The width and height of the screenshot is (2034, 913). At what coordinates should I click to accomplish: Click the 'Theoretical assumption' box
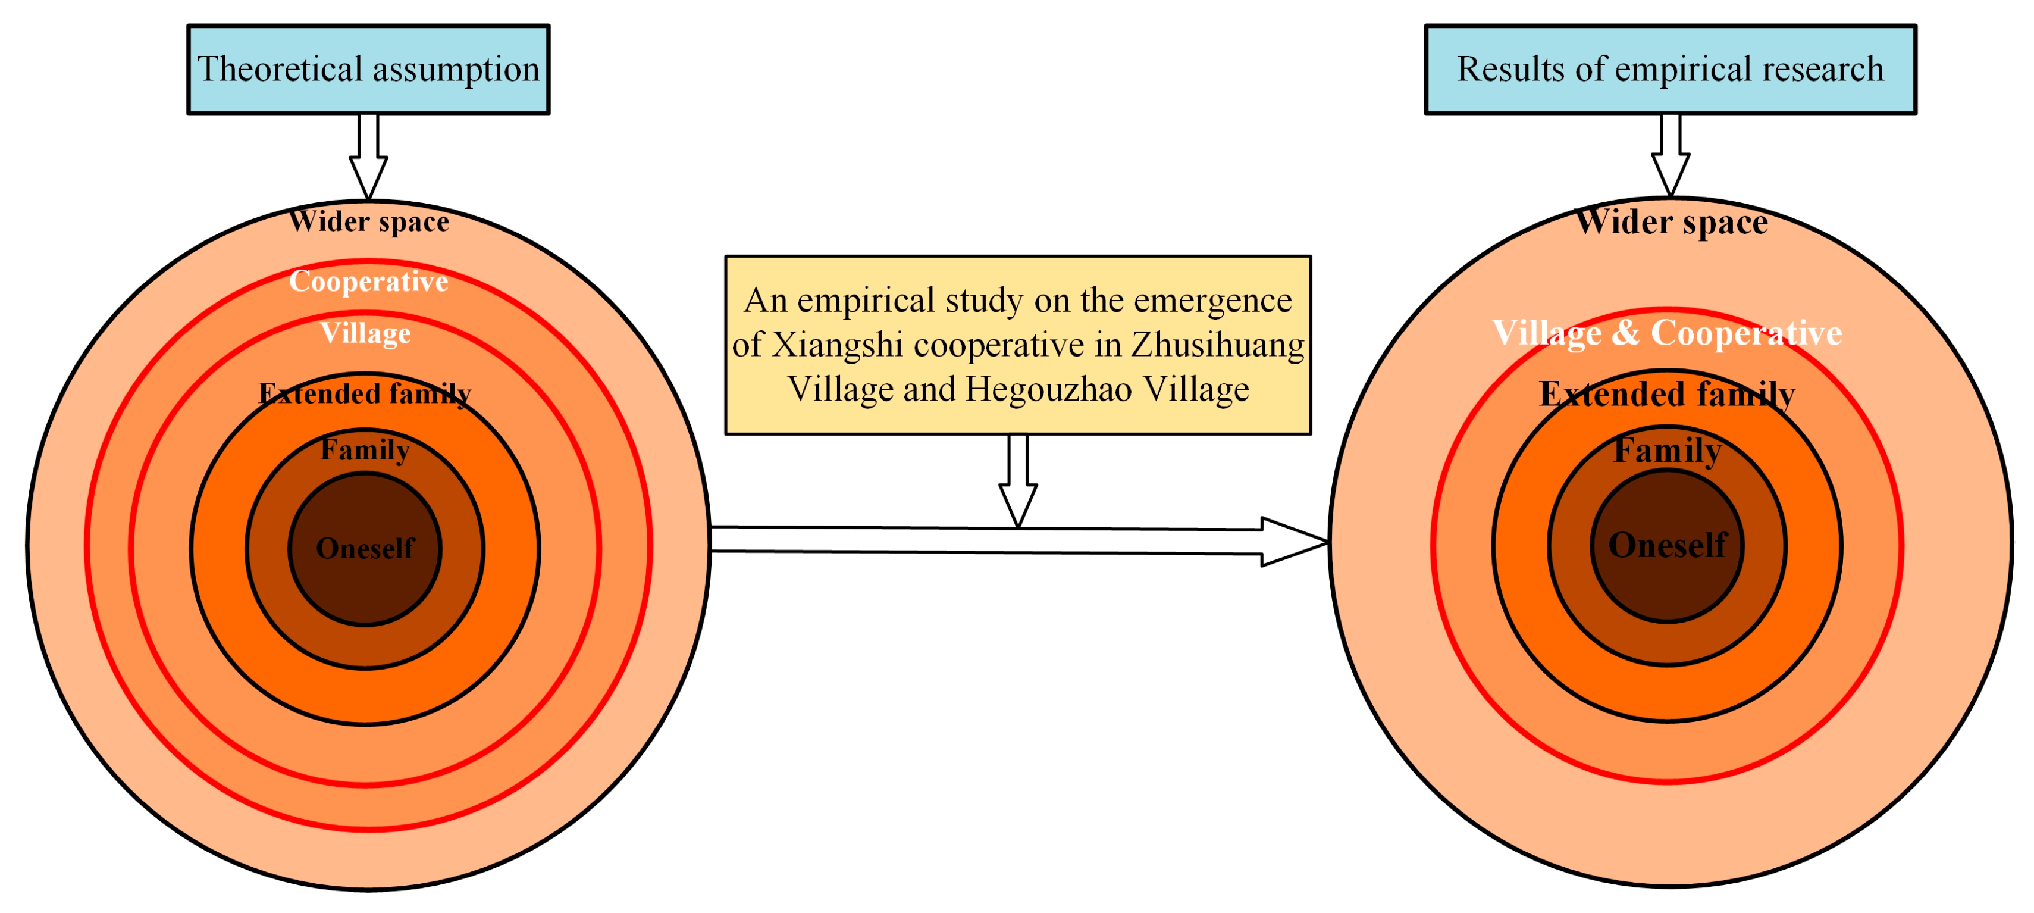[x=368, y=70]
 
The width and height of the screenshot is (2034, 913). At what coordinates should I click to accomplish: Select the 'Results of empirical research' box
[x=1670, y=70]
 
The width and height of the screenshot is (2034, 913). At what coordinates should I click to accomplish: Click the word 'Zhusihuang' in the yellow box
[x=1218, y=345]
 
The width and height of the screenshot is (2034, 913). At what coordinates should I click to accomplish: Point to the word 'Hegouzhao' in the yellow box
[x=1049, y=389]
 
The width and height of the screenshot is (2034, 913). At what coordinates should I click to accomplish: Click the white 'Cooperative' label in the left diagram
[x=369, y=281]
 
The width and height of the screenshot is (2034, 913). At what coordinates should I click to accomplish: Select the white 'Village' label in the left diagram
[x=366, y=333]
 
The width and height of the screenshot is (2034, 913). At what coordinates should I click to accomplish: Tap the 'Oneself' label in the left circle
[x=365, y=548]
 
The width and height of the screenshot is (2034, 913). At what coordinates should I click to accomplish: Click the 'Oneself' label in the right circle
[x=1668, y=545]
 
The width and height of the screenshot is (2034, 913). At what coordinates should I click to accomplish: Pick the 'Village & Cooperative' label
[x=1667, y=333]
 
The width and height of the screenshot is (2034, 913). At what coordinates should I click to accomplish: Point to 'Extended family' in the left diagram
[x=365, y=393]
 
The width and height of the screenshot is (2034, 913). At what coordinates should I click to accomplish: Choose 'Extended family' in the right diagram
[x=1667, y=393]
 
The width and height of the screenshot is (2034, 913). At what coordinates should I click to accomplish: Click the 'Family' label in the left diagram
[x=365, y=449]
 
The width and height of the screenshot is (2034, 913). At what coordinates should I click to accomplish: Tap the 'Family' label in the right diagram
[x=1667, y=450]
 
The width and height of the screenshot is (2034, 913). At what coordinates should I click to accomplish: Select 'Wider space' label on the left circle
[x=369, y=221]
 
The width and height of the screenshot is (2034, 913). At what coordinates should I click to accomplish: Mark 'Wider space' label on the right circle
[x=1672, y=221]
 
